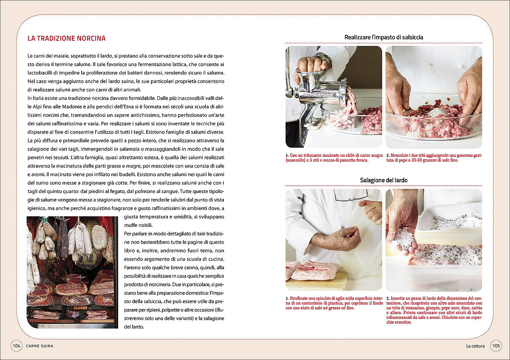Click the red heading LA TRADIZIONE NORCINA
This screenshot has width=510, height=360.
point(66,38)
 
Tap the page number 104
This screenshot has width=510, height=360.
point(17,346)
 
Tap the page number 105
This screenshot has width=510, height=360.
point(496,346)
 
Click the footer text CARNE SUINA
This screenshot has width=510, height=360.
point(40,346)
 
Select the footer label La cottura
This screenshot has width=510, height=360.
point(475,346)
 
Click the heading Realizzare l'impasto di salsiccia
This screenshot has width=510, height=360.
point(383,37)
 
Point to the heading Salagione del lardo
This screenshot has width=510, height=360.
point(383,180)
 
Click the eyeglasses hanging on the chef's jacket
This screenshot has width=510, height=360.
point(351,196)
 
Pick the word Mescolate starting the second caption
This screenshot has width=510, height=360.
point(402,156)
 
